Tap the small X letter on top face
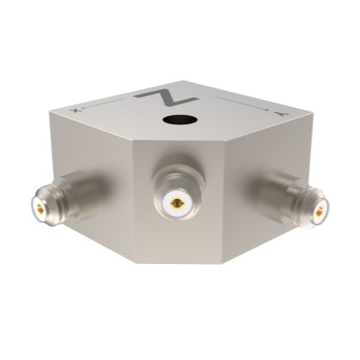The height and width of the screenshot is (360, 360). pos(75,111)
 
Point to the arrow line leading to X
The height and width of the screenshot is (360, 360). pos(104,104)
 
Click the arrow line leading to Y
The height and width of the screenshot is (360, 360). pos(242,103)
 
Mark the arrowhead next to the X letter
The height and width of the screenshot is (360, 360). pos(81,108)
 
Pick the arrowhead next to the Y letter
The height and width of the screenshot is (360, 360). pos(267,110)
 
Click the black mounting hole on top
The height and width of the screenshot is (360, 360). pos(180,120)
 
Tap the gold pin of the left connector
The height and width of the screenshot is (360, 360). pos(39,206)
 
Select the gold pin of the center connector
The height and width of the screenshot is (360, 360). pos(176,203)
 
